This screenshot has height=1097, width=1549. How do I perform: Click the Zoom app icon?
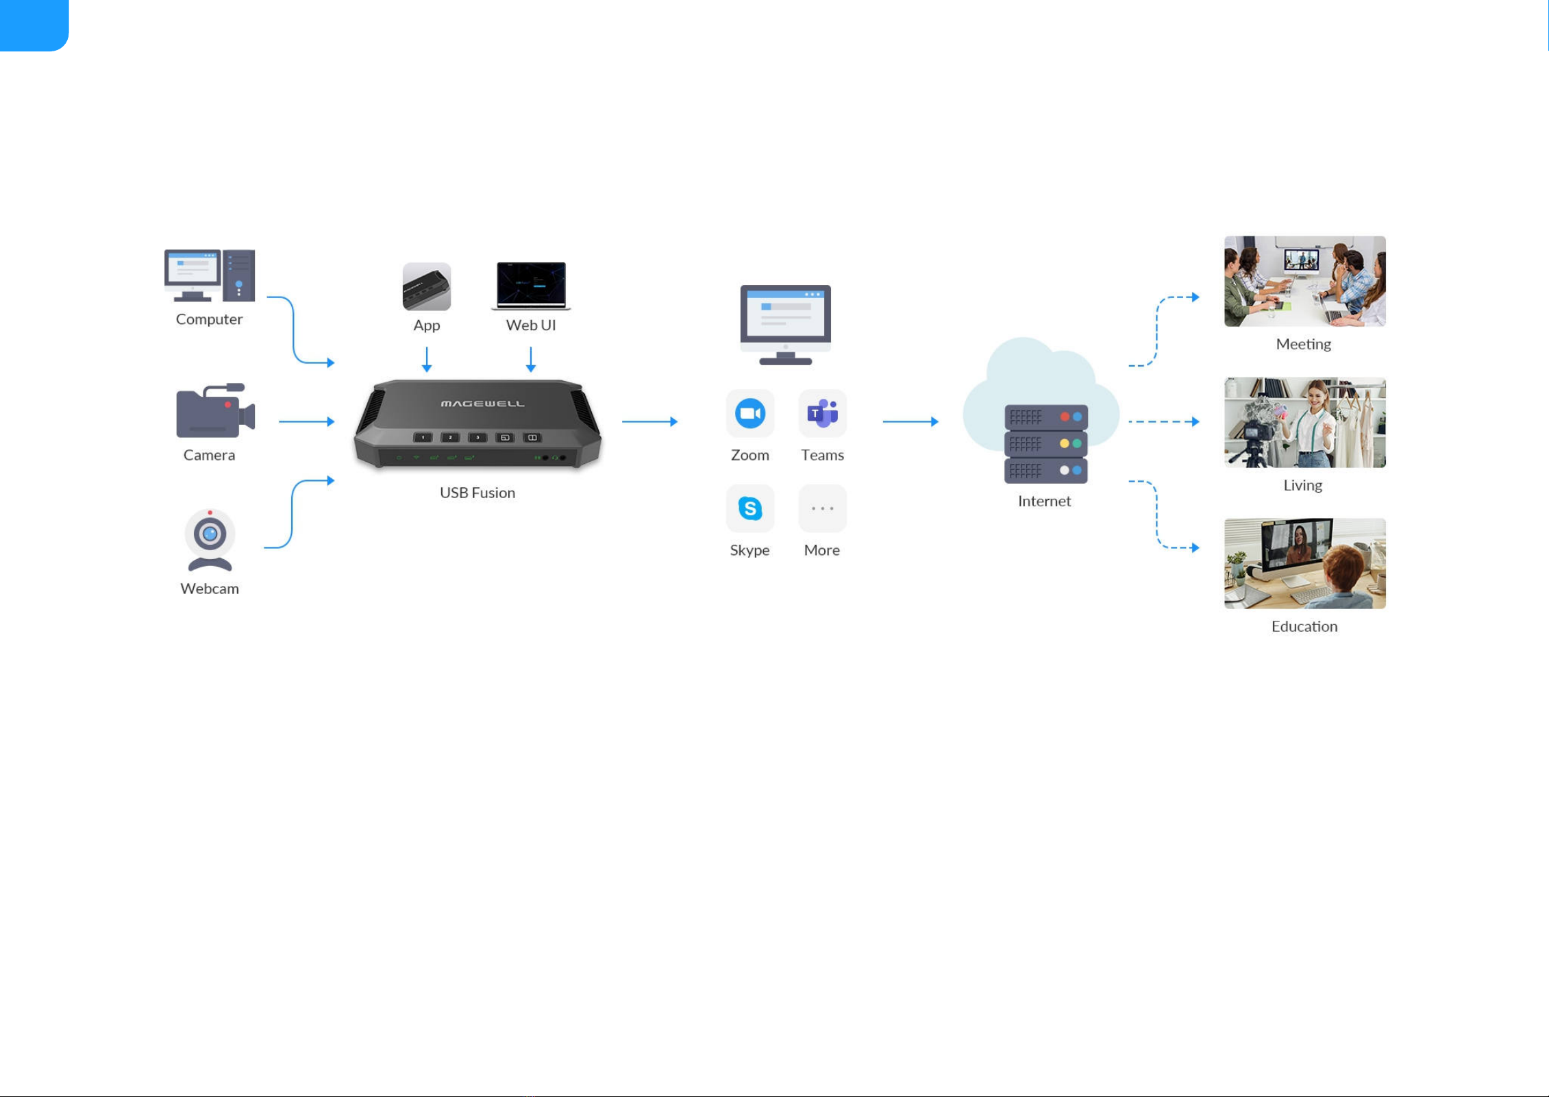(750, 413)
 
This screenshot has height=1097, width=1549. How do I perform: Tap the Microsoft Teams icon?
(822, 413)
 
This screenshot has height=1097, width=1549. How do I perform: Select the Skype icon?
(750, 508)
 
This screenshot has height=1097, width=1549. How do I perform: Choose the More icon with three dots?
(822, 508)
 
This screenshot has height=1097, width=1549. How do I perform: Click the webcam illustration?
(210, 540)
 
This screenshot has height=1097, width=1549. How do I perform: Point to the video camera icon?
(215, 410)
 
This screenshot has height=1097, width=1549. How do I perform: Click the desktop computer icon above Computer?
(210, 275)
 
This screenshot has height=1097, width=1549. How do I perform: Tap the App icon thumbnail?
(427, 286)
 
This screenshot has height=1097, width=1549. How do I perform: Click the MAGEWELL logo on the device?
(482, 404)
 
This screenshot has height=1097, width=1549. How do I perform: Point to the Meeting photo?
(1304, 281)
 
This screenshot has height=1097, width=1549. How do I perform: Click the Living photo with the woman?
(1304, 422)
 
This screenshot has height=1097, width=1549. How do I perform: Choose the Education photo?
(1304, 563)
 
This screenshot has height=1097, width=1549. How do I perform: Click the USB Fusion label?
(478, 493)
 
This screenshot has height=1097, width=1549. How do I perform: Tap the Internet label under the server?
(1044, 501)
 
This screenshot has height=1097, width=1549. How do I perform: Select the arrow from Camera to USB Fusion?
(307, 421)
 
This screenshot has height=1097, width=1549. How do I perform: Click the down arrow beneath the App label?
(427, 360)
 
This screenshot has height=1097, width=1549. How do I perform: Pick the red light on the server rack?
(1065, 417)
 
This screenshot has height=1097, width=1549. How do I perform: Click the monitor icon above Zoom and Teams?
(786, 325)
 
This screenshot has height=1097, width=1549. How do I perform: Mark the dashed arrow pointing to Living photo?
(1164, 421)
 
